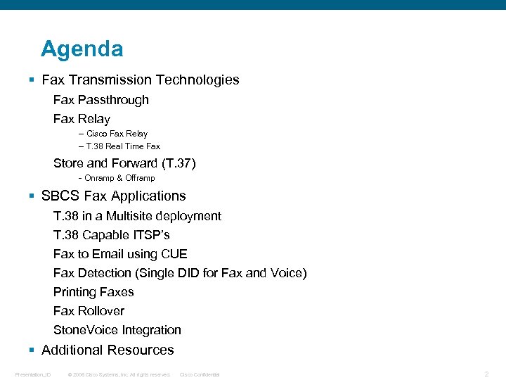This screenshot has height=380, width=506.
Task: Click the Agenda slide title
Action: pyautogui.click(x=82, y=49)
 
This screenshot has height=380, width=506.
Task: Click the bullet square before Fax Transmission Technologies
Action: pyautogui.click(x=32, y=80)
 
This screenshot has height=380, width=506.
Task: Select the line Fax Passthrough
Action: pyautogui.click(x=101, y=100)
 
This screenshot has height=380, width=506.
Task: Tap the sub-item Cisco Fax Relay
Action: pyautogui.click(x=117, y=133)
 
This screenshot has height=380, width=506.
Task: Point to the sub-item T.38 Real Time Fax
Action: pyautogui.click(x=123, y=146)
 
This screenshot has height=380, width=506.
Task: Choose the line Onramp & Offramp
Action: pyautogui.click(x=119, y=178)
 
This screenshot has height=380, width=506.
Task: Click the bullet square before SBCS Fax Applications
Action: pyautogui.click(x=32, y=196)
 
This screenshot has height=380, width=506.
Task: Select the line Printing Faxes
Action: pyautogui.click(x=93, y=292)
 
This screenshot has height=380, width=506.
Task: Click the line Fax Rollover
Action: pyautogui.click(x=89, y=311)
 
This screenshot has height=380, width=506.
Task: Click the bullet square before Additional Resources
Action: pyautogui.click(x=32, y=350)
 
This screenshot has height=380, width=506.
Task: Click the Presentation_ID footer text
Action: pyautogui.click(x=32, y=374)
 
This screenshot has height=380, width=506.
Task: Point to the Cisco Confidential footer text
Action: pyautogui.click(x=200, y=374)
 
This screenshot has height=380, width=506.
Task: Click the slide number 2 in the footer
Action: pyautogui.click(x=486, y=374)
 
